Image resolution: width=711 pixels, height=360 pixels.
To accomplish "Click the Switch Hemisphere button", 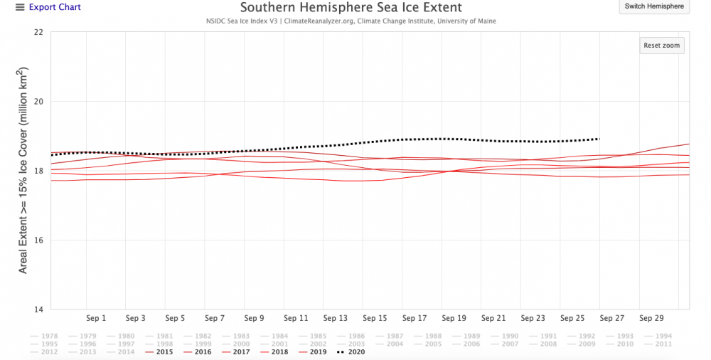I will [653, 6].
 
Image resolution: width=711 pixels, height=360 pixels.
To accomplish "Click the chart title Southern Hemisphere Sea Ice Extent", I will [351, 8].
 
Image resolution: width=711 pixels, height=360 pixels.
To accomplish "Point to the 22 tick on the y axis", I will [38, 32].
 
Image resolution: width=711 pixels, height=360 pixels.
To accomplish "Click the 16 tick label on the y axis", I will [38, 240].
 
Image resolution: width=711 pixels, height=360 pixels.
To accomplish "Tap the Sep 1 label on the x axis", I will [95, 318].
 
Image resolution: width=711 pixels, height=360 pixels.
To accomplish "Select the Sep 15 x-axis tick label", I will [375, 318].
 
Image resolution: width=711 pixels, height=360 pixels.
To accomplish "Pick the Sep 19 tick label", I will [454, 318].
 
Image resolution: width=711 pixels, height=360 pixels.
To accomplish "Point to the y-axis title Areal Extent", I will [23, 171].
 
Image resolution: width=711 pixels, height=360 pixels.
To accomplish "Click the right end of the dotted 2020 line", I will [599, 139].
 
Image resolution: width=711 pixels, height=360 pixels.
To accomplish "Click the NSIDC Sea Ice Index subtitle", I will [351, 21].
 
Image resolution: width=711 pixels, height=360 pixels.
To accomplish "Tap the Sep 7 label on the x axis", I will [215, 318].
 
